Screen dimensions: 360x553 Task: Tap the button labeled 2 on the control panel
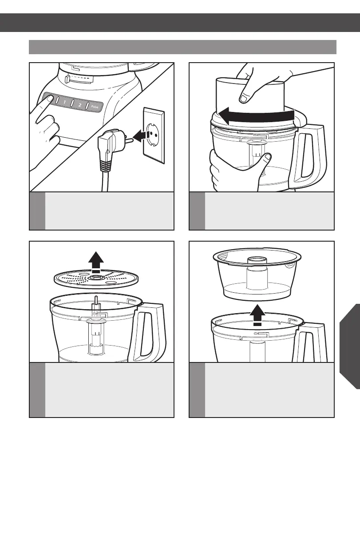80,105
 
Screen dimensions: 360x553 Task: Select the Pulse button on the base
95,107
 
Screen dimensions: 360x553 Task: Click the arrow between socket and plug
142,136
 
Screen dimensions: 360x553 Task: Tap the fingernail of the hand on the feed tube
244,99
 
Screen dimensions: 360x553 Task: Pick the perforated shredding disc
96,279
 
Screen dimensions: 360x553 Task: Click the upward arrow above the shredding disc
96,262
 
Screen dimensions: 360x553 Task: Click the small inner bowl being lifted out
257,274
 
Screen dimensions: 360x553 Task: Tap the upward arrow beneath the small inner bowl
257,315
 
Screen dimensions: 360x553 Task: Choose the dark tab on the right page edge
350,346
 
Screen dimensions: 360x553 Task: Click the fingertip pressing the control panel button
50,98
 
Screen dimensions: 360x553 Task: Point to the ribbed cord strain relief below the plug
105,164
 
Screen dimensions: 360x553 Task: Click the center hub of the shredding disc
96,278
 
